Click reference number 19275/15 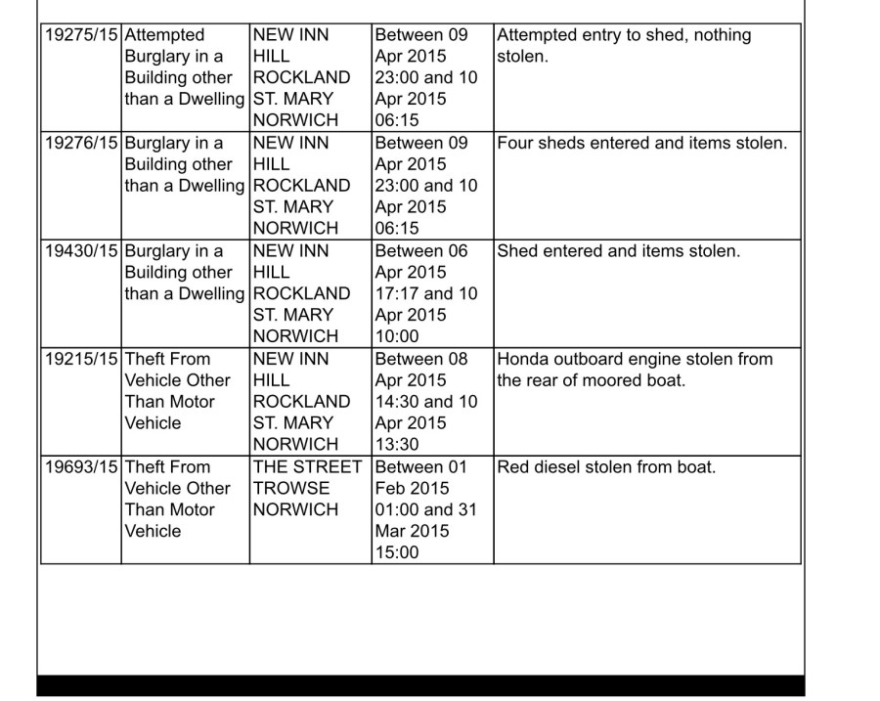coord(81,35)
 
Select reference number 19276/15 coord(81,144)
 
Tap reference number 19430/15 coord(81,251)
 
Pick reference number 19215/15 coord(81,360)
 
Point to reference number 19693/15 coord(81,467)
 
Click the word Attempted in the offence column coord(165,35)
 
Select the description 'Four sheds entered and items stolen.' coord(641,144)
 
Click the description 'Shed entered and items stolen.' coord(619,251)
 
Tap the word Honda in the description coord(523,360)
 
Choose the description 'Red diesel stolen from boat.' coord(606,467)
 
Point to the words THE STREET coord(307,467)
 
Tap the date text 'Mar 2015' coord(411,532)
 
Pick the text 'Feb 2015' coord(411,489)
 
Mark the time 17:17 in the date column coord(396,294)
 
